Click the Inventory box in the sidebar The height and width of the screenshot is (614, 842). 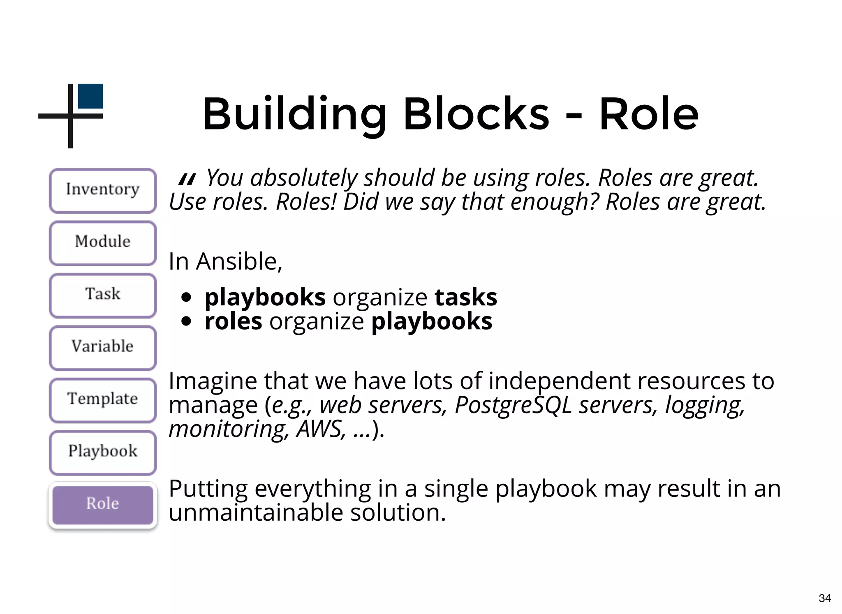click(103, 190)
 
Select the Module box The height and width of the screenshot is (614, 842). click(103, 242)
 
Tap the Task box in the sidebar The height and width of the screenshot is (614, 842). click(103, 295)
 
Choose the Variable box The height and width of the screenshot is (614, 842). click(103, 347)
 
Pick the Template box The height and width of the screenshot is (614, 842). click(103, 399)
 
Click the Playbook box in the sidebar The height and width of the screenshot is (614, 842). click(103, 452)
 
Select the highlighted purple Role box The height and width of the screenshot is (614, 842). click(103, 504)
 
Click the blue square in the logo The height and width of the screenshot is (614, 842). click(90, 96)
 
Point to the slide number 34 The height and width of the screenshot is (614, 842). click(824, 598)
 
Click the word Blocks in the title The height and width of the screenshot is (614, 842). click(476, 114)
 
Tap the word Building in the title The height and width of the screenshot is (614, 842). click(294, 114)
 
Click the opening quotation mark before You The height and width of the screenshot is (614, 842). click(187, 179)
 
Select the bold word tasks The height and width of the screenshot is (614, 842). click(466, 297)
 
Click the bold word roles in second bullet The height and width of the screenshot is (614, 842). click(233, 321)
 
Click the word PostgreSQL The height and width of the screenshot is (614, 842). click(513, 405)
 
